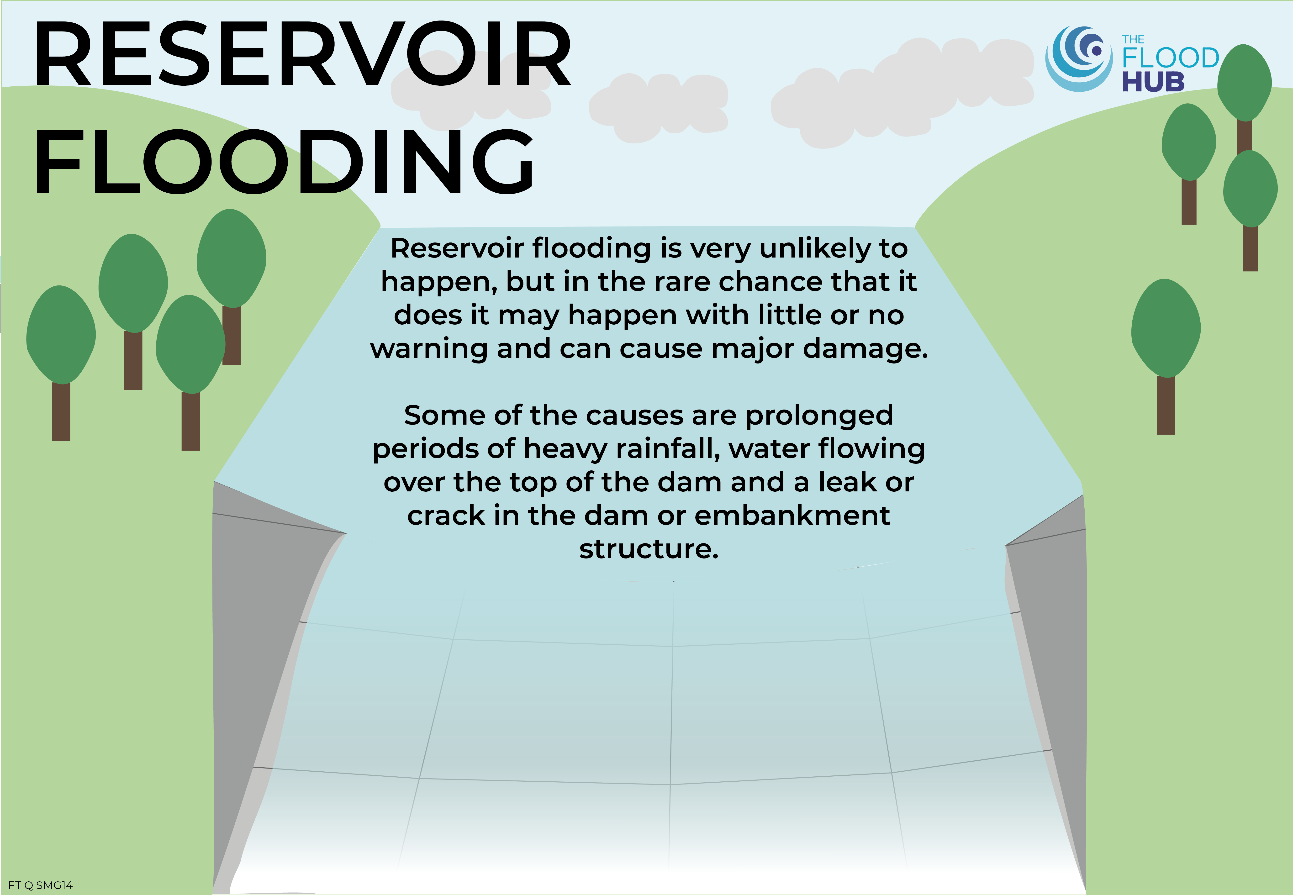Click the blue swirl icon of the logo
1078,59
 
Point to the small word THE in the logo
1133,39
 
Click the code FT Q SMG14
40,885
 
